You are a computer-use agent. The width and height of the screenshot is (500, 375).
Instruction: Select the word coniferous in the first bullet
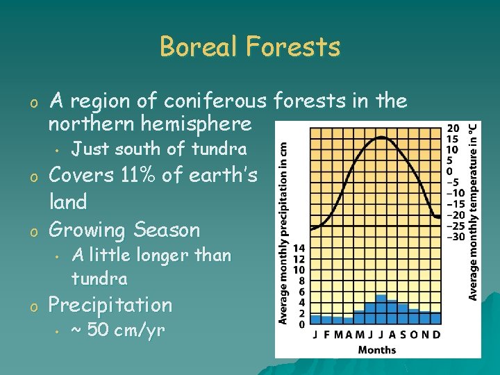(216, 101)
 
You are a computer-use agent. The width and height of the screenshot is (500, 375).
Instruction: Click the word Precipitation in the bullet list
(109, 305)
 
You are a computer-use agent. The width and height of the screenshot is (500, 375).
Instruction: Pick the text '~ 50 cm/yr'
(118, 330)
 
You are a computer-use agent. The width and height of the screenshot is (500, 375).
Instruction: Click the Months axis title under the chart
(377, 349)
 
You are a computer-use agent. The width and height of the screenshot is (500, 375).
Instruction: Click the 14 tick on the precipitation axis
(299, 248)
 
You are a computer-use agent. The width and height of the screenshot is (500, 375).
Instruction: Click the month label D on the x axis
(436, 334)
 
